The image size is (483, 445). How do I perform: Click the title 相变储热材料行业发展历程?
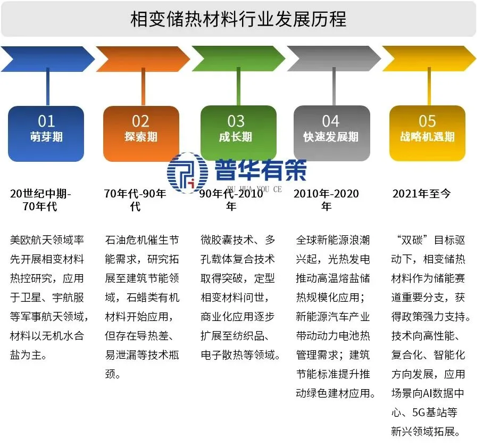point(238,20)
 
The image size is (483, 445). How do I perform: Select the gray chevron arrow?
point(333,59)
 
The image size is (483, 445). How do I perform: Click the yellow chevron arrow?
point(429,59)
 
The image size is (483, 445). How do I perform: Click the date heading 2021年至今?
point(421,194)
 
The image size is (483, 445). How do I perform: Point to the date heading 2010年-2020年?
point(326,200)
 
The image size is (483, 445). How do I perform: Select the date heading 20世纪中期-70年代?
point(40,200)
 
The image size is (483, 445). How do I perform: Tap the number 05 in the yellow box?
point(427,121)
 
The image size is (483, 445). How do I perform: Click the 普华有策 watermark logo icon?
point(187,172)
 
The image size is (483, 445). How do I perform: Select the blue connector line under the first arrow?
point(47,88)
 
